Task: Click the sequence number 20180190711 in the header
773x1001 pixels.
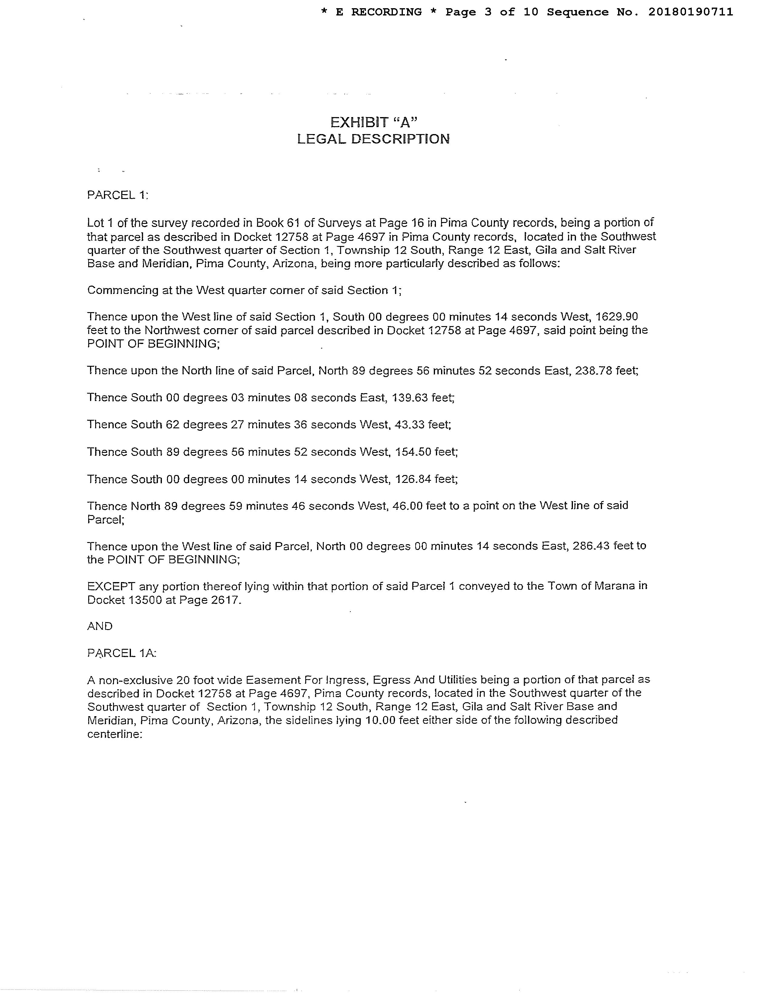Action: click(691, 12)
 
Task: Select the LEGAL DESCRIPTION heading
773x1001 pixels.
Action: click(373, 139)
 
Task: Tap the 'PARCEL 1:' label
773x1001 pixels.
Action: click(118, 195)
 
